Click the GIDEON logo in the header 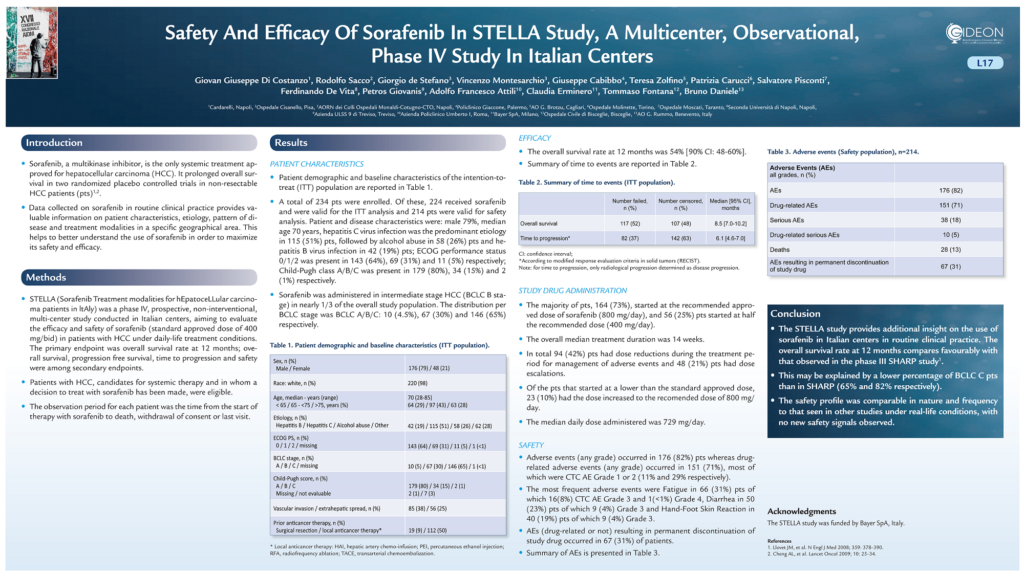[x=974, y=33]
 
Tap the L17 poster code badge [x=985, y=63]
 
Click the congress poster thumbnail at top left [x=32, y=43]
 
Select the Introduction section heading [x=54, y=143]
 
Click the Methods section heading [x=46, y=277]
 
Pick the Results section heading [x=291, y=143]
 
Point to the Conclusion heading [x=795, y=314]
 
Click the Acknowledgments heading [x=801, y=511]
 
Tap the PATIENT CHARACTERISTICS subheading [x=316, y=164]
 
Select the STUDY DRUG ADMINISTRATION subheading [x=572, y=291]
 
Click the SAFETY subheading [x=531, y=445]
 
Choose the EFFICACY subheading [x=535, y=138]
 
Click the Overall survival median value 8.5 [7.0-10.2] [x=730, y=224]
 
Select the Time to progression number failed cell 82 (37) [x=630, y=238]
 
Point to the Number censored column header [x=680, y=204]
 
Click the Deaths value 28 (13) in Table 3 [x=950, y=250]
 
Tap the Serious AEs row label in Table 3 [x=786, y=220]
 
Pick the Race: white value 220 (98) [x=417, y=383]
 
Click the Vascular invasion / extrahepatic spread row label [x=327, y=508]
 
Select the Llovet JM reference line [x=825, y=547]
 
